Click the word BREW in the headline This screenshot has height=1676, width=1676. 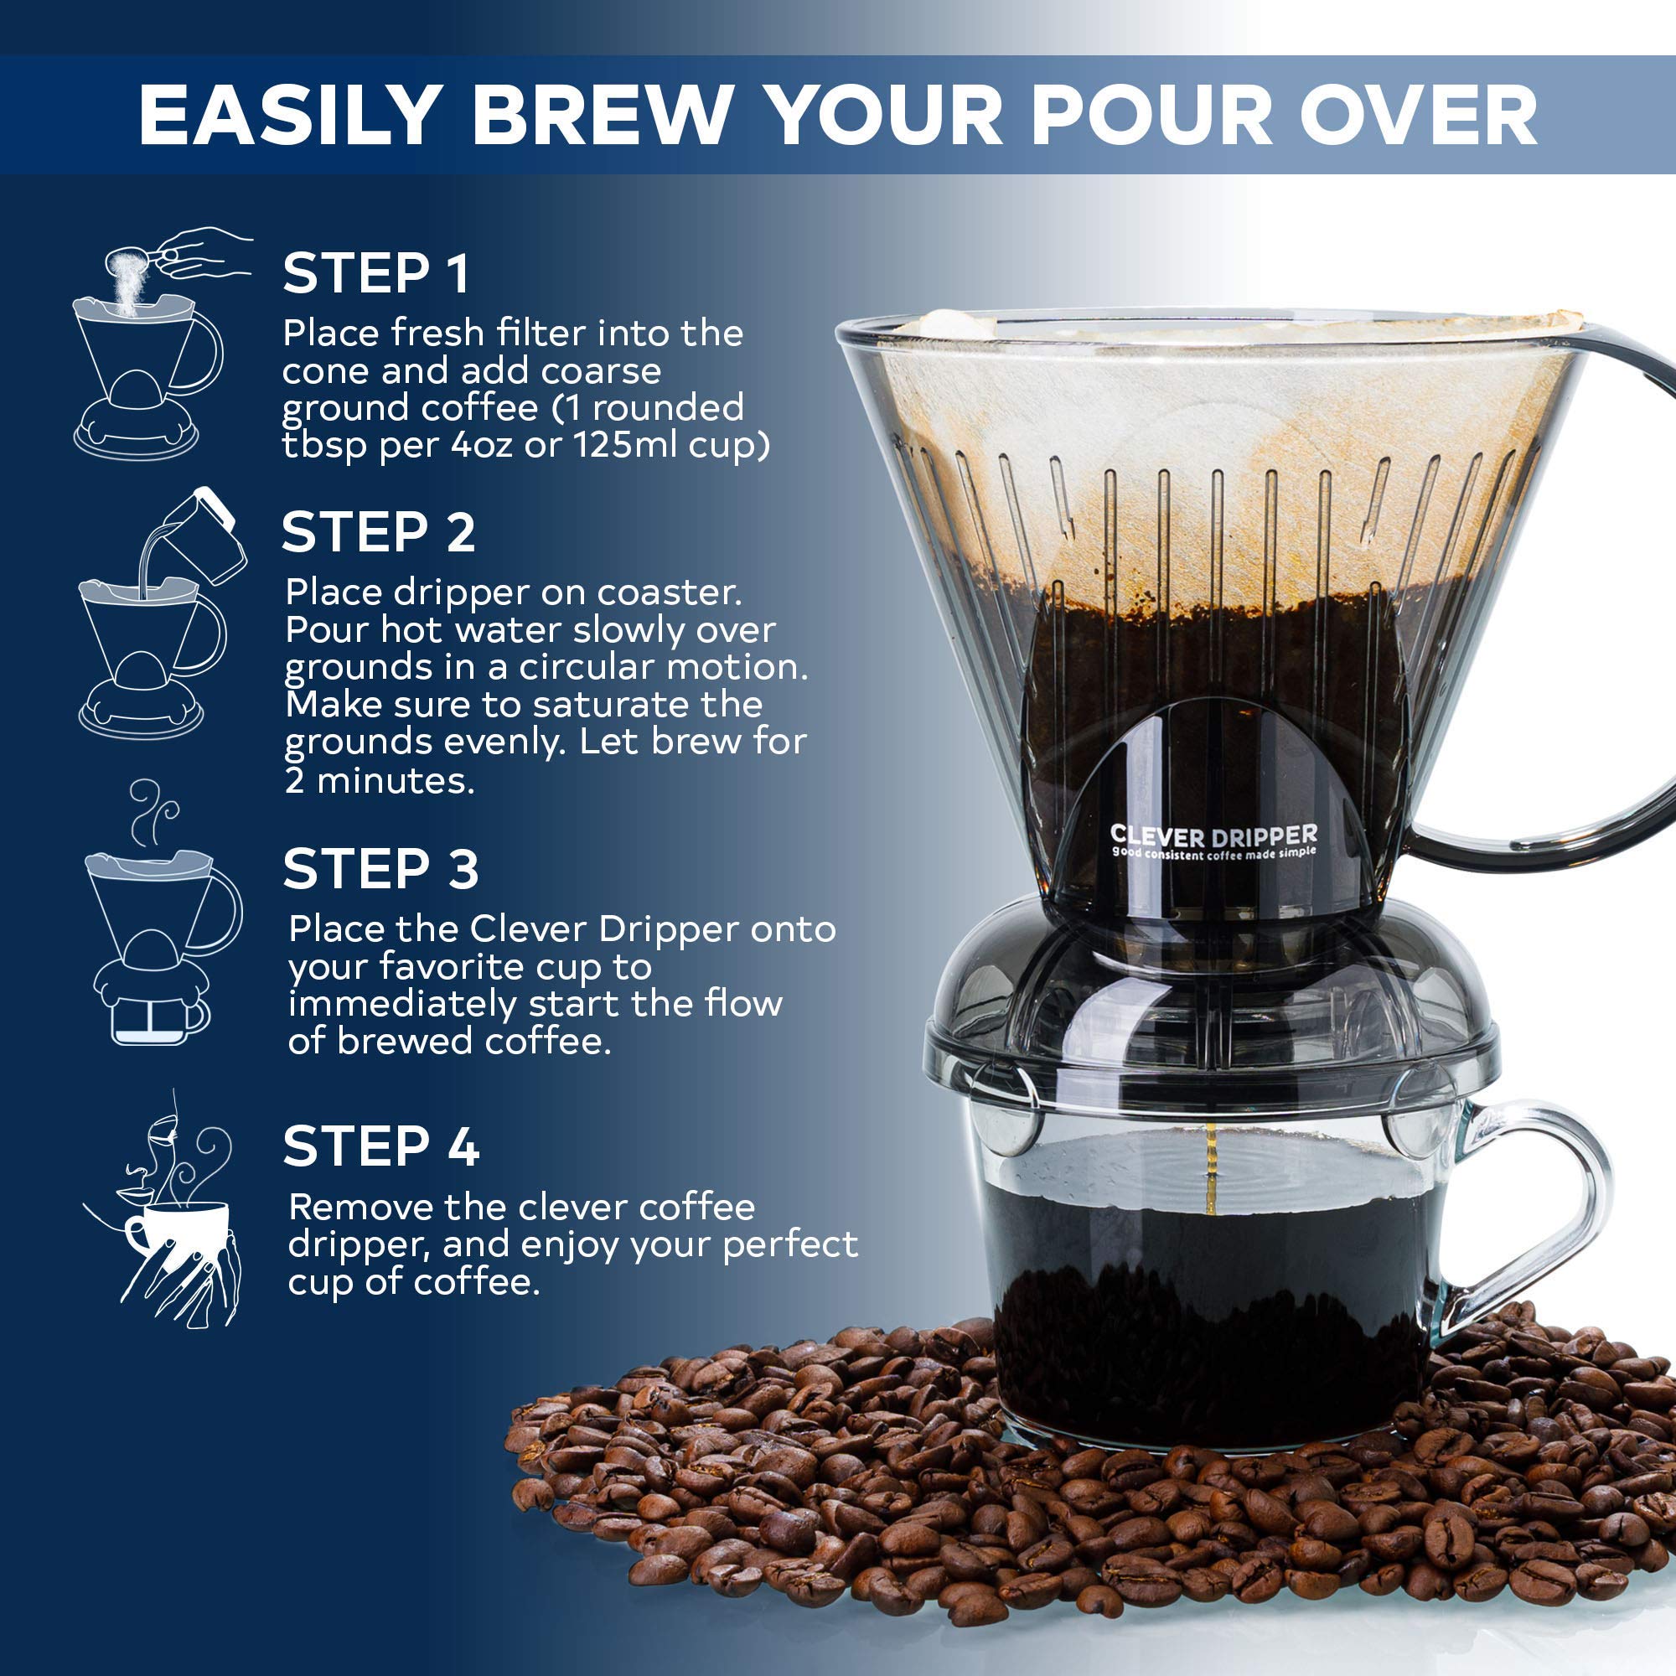[602, 115]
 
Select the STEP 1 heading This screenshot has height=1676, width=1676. [376, 273]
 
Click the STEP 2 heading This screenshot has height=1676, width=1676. [379, 532]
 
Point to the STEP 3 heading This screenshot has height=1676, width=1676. [380, 868]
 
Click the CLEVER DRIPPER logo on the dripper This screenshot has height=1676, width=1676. [1213, 839]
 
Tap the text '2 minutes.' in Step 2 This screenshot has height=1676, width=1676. [379, 781]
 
